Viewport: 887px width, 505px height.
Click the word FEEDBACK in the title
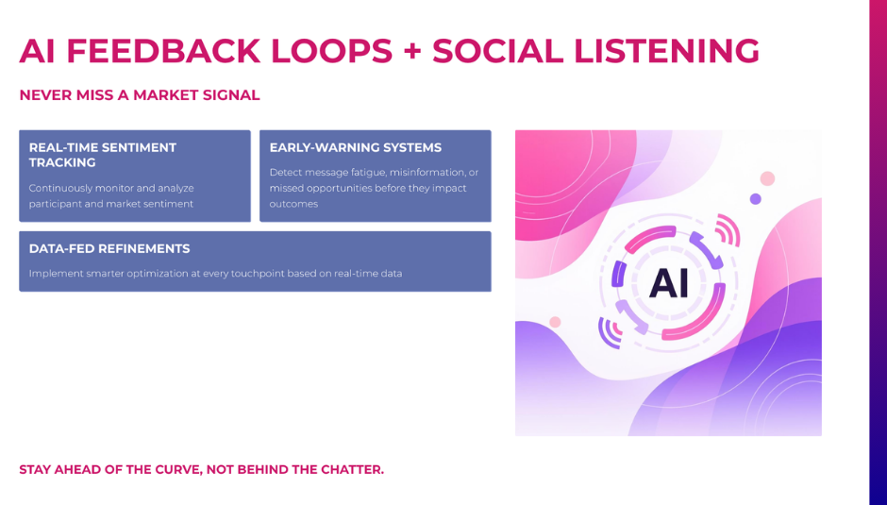[x=163, y=51]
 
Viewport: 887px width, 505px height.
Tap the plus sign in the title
[x=412, y=52]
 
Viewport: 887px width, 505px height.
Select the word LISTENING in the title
[x=666, y=51]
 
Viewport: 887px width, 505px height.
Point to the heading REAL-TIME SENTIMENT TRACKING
[x=103, y=155]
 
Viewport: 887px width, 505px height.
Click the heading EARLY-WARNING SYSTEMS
[x=355, y=148]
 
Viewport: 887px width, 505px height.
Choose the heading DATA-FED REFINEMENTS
[x=109, y=248]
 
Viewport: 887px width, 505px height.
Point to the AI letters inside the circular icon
[x=669, y=282]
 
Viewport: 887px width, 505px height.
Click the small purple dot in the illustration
[x=755, y=199]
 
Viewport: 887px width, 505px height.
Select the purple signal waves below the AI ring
[x=610, y=332]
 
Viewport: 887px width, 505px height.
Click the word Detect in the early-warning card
[x=283, y=172]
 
